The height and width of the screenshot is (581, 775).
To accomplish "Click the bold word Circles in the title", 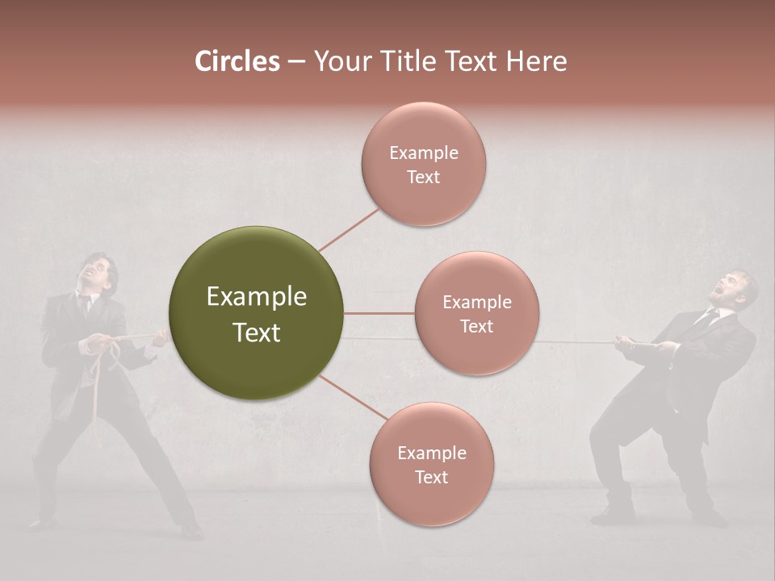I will [237, 61].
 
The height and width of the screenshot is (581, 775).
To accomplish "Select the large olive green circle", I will [257, 313].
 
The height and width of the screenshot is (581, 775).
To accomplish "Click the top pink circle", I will [424, 164].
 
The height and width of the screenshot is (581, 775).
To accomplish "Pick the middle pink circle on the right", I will [477, 313].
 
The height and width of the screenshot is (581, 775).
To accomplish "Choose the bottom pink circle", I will [432, 464].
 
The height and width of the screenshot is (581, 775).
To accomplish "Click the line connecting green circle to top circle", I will [349, 229].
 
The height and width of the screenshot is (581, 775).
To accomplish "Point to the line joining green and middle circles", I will [379, 313].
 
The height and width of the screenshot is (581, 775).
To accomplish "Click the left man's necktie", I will [85, 306].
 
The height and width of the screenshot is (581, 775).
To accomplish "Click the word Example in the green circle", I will [257, 297].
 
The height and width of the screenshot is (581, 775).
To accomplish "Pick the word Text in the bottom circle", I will [432, 477].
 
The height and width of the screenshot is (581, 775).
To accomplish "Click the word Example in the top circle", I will [424, 153].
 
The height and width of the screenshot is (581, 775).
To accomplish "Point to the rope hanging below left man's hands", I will [98, 395].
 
